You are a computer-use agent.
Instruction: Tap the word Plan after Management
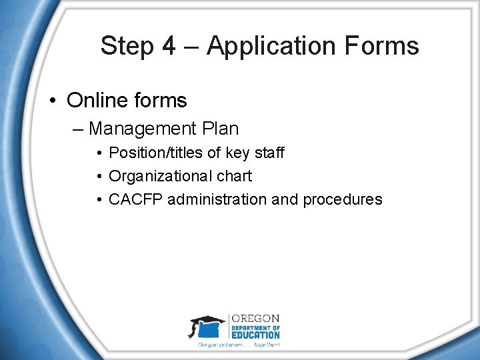pos(217,128)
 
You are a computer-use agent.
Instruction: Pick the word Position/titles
pos(156,153)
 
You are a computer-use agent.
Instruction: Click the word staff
pos(269,153)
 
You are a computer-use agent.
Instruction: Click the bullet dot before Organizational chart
pos(98,177)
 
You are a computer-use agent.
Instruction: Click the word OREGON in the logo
pos(256,319)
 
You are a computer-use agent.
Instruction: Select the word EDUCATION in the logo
pos(256,335)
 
